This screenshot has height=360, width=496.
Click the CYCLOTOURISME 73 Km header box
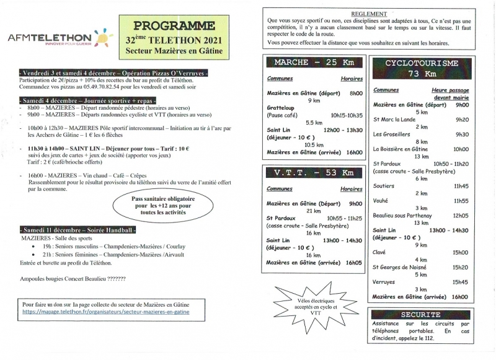(x=421, y=68)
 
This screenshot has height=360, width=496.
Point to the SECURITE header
(x=421, y=314)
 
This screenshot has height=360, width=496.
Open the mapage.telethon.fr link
(x=106, y=312)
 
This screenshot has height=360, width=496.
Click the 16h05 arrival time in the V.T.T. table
(x=354, y=263)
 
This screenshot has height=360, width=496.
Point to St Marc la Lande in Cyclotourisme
(x=395, y=120)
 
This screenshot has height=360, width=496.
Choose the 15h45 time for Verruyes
(x=459, y=282)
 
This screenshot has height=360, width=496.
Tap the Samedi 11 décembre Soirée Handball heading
(x=77, y=230)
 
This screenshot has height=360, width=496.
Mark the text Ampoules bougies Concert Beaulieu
(x=73, y=279)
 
